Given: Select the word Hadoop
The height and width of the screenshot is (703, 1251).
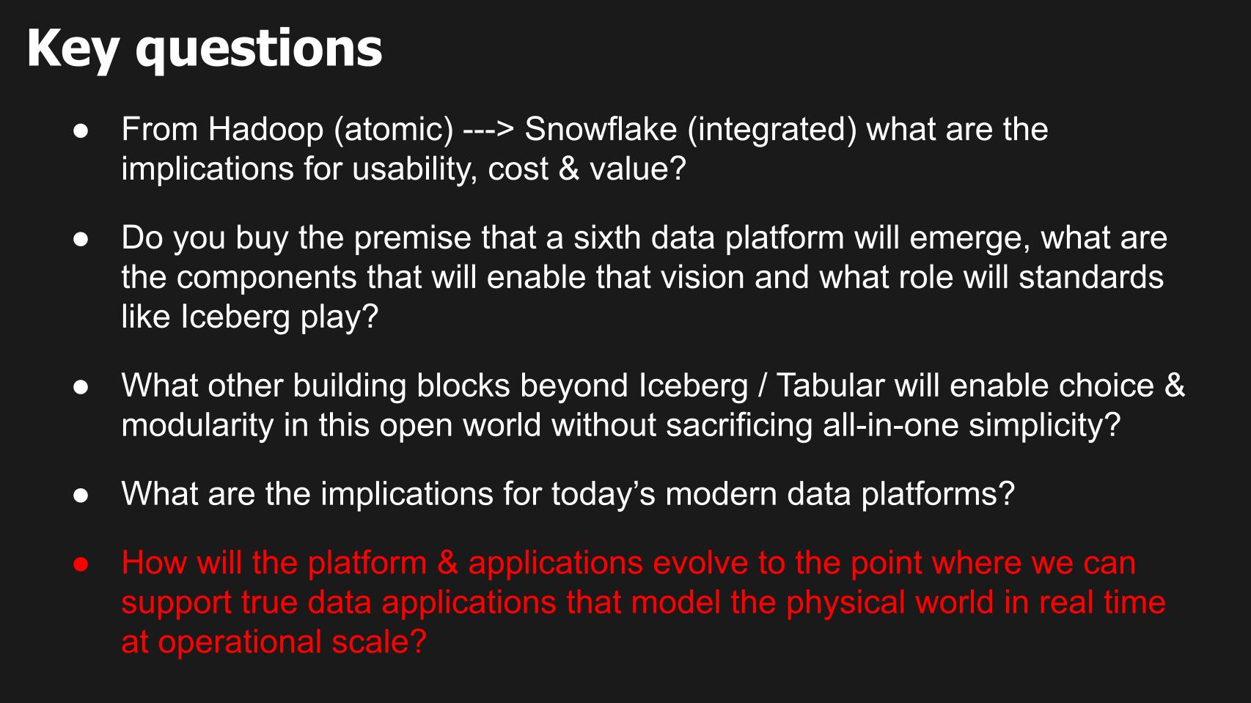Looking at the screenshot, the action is pos(265,130).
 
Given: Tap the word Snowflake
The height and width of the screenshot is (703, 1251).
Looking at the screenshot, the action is pos(601,129).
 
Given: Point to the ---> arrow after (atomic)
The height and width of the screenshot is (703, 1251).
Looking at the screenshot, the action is pos(488,130).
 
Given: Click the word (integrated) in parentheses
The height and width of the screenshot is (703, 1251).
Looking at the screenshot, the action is pos(772,130).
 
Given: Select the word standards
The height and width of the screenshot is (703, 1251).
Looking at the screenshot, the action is pos(1091,278).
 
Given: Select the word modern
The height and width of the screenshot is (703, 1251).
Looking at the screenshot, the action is pos(721,494).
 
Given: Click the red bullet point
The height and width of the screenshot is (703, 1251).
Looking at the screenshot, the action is pos(81,564).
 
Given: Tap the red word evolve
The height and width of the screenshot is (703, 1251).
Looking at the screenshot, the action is pos(700,563).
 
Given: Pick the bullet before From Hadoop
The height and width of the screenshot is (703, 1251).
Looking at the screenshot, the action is pos(81,131).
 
